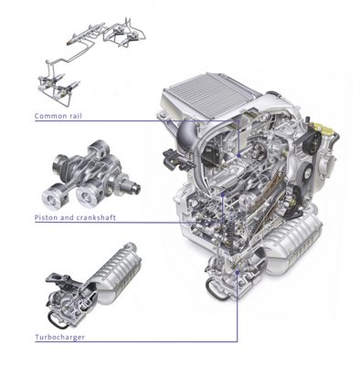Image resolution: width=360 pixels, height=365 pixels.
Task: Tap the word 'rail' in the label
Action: (75, 116)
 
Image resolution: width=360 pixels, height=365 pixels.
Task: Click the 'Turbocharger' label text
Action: (59, 337)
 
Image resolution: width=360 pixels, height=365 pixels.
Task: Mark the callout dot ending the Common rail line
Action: (239, 155)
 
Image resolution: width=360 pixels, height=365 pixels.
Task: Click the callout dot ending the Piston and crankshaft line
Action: (223, 194)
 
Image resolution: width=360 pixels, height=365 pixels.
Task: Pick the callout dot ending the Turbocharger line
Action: (238, 273)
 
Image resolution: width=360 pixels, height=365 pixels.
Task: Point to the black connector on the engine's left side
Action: (175, 159)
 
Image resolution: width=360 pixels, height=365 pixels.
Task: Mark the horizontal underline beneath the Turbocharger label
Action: (136, 341)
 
